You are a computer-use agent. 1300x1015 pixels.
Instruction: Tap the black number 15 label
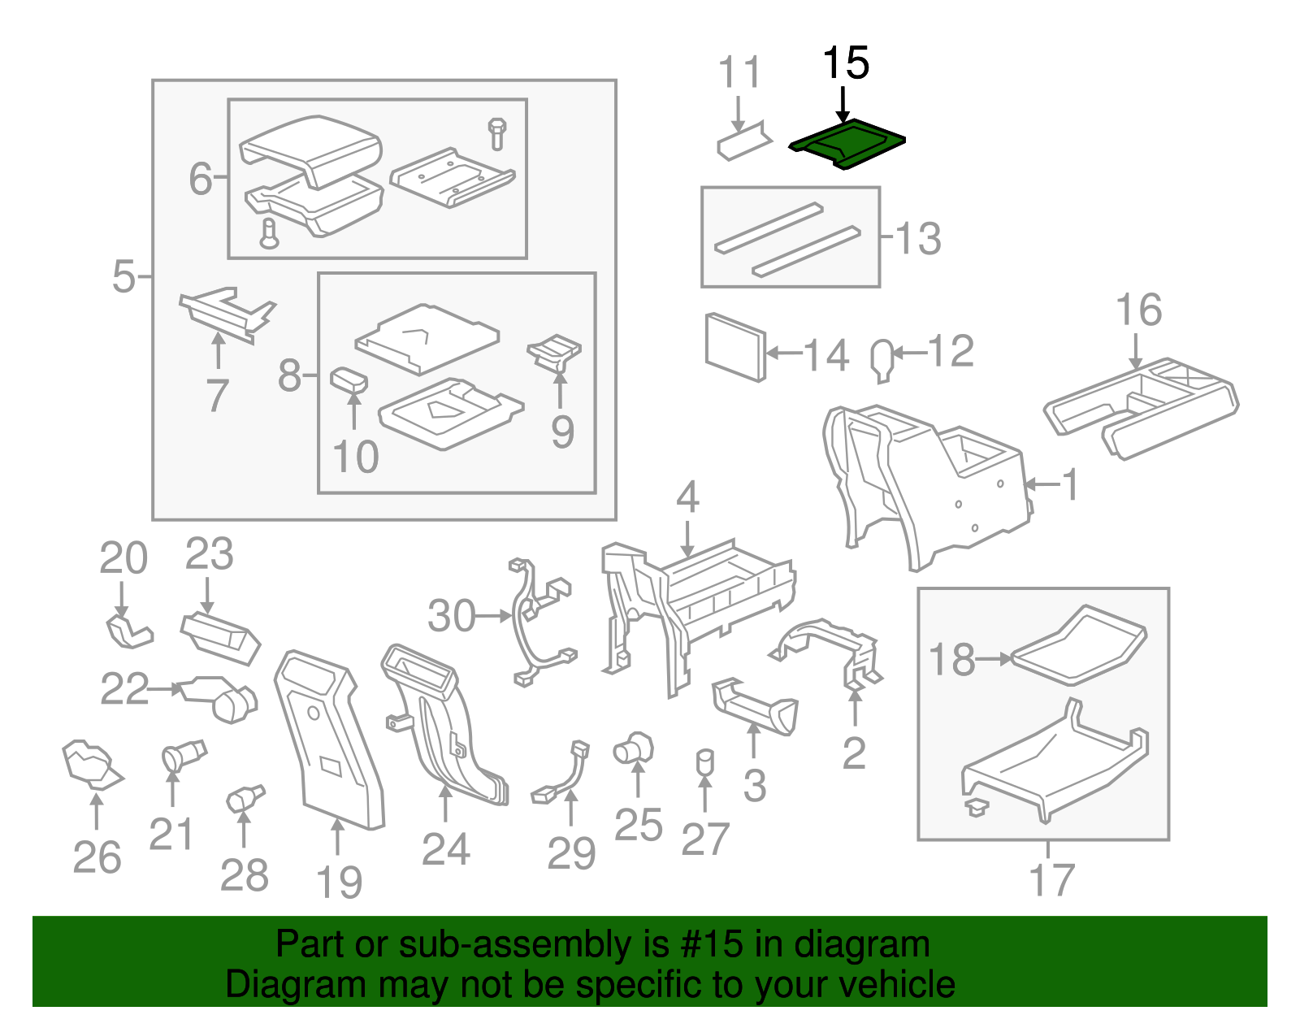tap(845, 63)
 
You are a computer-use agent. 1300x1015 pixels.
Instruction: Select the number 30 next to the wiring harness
tap(452, 616)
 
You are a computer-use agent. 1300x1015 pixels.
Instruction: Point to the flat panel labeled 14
tap(734, 347)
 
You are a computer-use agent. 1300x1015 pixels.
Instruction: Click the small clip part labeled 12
tap(882, 358)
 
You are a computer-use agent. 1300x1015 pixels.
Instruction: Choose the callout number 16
tap(1138, 310)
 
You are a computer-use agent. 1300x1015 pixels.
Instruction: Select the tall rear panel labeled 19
tap(328, 740)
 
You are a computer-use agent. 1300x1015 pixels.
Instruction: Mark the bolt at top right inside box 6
tap(497, 133)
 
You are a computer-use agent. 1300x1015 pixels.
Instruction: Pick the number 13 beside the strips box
tap(919, 239)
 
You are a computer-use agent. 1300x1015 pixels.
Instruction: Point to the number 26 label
tap(97, 857)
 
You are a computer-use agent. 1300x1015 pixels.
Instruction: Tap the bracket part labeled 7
tap(225, 314)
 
